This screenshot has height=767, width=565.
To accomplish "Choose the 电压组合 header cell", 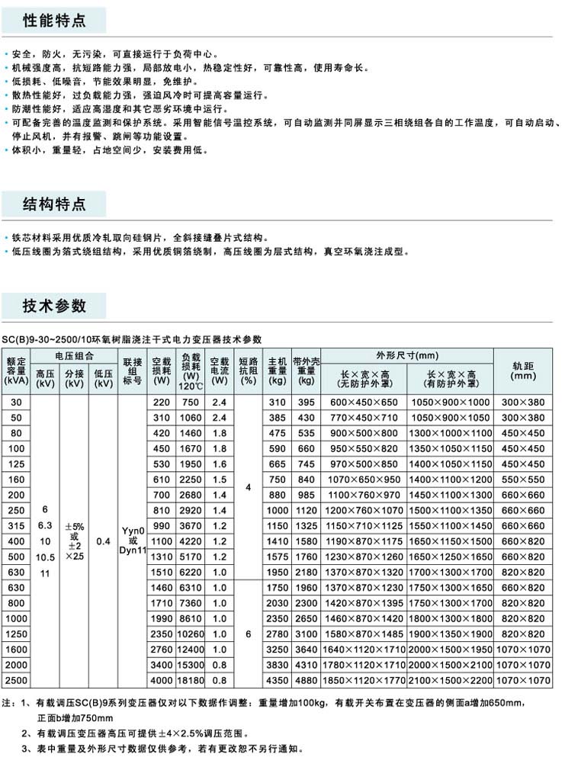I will point(74,355).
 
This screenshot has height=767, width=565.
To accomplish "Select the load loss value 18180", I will point(190,679).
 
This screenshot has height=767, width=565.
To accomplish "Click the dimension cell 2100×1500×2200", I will point(450,679).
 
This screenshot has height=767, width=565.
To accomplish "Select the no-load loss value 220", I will point(162,402).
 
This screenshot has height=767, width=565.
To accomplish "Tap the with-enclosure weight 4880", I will point(306,679).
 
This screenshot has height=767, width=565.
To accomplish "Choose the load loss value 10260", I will point(190,633).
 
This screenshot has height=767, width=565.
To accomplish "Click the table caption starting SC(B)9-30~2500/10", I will point(131,339).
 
